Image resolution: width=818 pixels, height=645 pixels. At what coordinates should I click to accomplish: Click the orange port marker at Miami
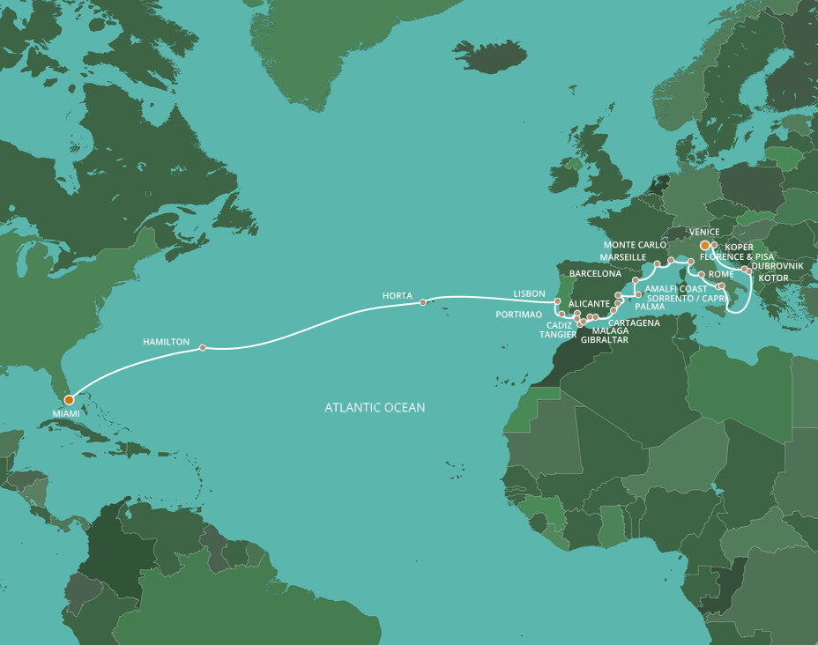click(69, 399)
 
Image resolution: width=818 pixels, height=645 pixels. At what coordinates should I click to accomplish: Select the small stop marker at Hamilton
click(203, 347)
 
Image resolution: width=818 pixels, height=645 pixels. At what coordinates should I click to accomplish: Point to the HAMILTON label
click(166, 340)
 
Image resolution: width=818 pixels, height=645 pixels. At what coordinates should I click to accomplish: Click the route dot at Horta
click(422, 302)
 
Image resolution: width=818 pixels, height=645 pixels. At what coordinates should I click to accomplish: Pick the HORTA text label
click(398, 295)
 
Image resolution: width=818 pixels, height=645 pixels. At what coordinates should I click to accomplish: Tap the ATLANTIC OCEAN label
click(375, 407)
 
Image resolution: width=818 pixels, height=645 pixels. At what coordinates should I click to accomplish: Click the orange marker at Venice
click(704, 245)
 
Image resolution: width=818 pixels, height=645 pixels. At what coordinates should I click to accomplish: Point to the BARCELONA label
click(596, 274)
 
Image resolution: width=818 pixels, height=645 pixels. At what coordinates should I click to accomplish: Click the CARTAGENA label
click(634, 323)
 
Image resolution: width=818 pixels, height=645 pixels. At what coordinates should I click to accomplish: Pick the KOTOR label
click(773, 278)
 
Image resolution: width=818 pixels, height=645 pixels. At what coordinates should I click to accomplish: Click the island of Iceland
click(489, 56)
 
